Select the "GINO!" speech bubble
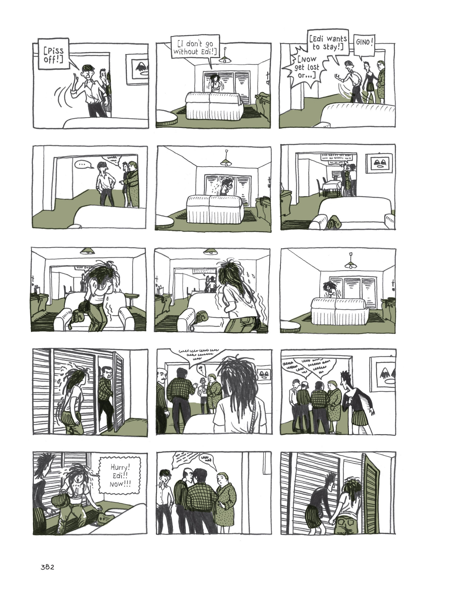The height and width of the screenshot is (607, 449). pos(364,42)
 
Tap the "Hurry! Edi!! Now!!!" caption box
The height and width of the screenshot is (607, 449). pos(120,475)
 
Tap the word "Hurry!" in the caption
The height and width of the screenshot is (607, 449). pos(120,467)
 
